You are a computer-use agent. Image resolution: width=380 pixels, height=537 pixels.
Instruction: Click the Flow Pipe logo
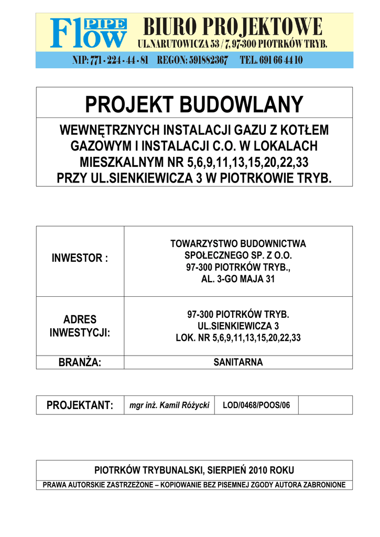(x=88, y=34)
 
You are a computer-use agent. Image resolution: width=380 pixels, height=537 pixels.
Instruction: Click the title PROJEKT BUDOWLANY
(x=194, y=104)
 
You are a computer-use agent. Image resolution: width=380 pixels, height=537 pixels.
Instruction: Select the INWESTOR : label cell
(x=80, y=258)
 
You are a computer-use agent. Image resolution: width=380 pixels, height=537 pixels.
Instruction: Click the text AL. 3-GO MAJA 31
(x=238, y=279)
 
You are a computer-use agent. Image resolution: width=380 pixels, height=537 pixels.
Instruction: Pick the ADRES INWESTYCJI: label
(x=80, y=326)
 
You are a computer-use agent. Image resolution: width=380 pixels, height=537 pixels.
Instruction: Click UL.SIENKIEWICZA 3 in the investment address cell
(x=238, y=326)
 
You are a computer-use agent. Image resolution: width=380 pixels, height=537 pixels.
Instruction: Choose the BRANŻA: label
(x=80, y=362)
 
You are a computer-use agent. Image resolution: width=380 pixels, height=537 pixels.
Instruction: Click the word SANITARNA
(x=238, y=362)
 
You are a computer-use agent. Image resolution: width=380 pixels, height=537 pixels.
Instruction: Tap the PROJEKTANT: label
(x=80, y=405)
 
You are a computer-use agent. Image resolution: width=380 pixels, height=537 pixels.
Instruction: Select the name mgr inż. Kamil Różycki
(x=169, y=405)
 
